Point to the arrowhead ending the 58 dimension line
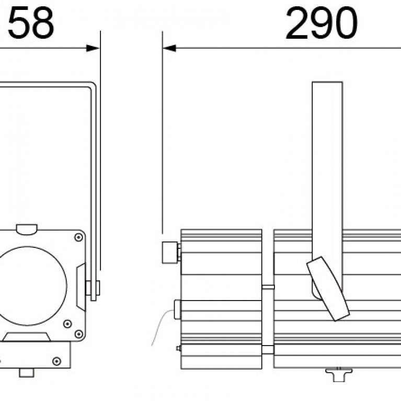[x=94, y=48]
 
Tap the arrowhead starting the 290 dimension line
[x=169, y=48]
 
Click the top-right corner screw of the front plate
[x=78, y=237]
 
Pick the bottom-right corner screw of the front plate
[x=78, y=333]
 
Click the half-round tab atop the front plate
[x=27, y=229]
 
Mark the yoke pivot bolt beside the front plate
[x=94, y=288]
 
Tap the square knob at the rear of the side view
[x=170, y=253]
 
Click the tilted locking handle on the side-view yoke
[x=328, y=288]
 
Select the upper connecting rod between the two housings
[x=267, y=287]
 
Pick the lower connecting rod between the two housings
[x=267, y=349]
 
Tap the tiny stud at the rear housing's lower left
[x=179, y=348]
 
